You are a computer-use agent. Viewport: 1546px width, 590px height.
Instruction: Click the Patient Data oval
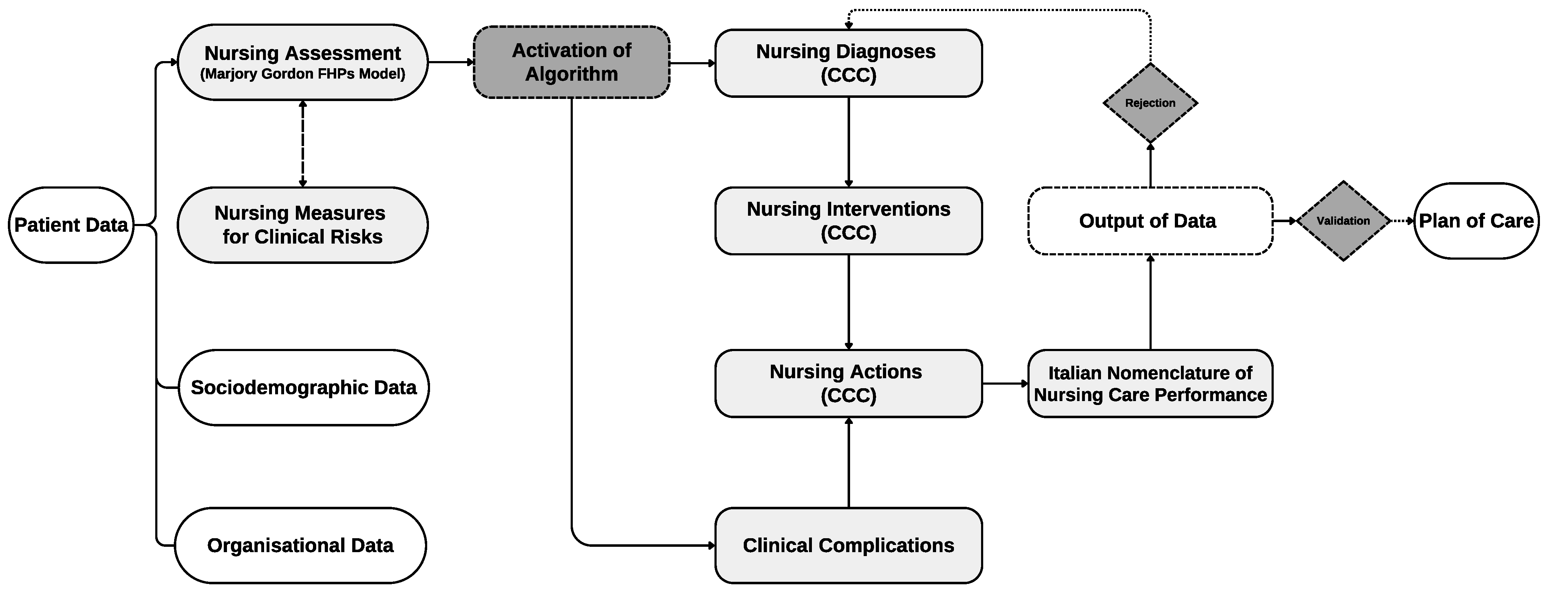[71, 225]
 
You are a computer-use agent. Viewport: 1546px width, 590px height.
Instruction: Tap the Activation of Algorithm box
[571, 62]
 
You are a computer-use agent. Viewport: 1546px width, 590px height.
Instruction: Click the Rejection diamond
[1150, 103]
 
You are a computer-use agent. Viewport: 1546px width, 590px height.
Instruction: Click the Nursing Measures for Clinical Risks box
[303, 225]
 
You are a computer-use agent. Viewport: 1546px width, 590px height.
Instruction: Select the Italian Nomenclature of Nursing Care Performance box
[1150, 383]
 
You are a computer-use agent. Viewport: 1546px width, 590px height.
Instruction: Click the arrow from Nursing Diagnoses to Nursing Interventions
[848, 142]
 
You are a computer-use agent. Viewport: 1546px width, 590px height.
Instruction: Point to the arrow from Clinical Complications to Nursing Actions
[848, 462]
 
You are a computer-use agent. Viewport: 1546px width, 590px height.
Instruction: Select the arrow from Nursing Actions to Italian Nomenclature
[1005, 383]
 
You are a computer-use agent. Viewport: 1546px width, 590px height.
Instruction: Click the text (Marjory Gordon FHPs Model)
[303, 74]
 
